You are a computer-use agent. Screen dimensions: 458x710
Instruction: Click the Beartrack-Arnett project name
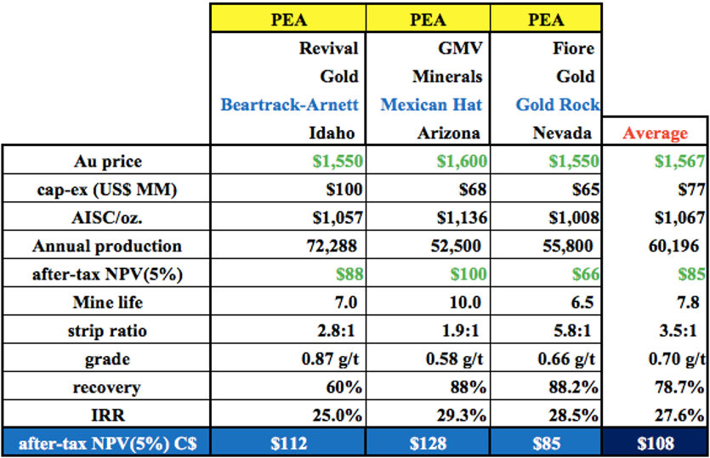[289, 105]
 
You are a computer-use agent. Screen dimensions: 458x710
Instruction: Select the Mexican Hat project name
[432, 105]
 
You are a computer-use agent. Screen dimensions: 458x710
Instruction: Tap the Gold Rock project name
[557, 105]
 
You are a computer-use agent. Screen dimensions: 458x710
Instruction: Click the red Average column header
[655, 133]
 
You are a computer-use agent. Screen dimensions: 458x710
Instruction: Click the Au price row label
[106, 161]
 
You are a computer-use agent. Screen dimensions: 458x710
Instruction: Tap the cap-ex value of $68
[472, 189]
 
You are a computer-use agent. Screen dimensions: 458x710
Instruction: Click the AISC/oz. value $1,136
[462, 218]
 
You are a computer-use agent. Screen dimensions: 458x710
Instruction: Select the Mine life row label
[106, 303]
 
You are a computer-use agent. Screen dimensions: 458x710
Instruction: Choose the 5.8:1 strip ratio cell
[572, 331]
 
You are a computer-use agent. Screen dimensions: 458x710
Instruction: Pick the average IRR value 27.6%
[681, 416]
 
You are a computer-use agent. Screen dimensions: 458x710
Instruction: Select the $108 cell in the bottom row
[656, 443]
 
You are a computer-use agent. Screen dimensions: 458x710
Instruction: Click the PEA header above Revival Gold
[288, 18]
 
